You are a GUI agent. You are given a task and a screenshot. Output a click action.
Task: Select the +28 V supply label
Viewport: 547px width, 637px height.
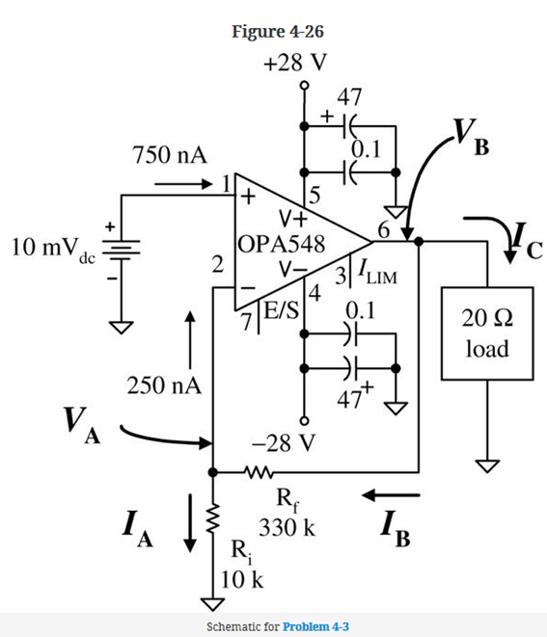[295, 63]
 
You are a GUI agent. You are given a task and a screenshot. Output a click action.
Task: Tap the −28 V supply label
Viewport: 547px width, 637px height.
[280, 444]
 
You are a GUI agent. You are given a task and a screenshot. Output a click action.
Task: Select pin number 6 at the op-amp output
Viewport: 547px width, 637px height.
[384, 229]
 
